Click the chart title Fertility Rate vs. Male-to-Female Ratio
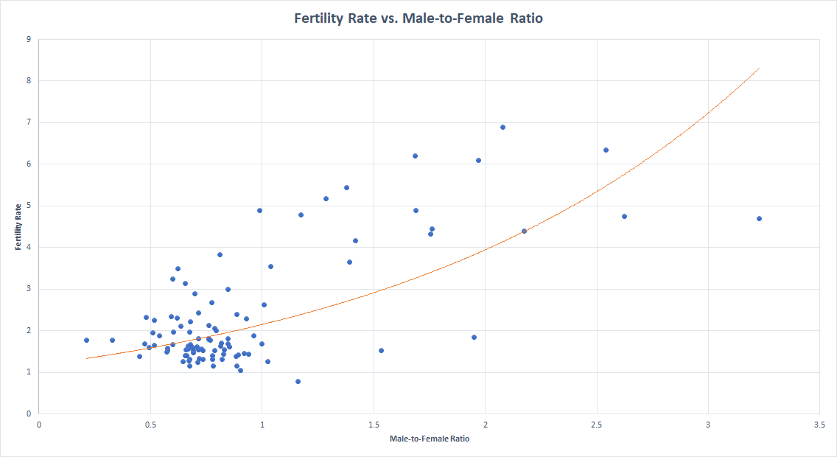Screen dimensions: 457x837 pyautogui.click(x=418, y=18)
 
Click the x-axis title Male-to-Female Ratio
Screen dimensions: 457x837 pyautogui.click(x=429, y=439)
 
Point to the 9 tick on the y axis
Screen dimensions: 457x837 pyautogui.click(x=27, y=39)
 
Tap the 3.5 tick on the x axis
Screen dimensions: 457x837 pyautogui.click(x=819, y=424)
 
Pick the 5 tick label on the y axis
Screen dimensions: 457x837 pyautogui.click(x=27, y=206)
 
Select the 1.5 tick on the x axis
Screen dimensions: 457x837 pyautogui.click(x=373, y=424)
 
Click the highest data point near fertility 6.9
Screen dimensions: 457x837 pyautogui.click(x=502, y=127)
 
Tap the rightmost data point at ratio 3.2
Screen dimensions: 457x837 pyautogui.click(x=759, y=218)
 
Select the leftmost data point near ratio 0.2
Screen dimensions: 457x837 pyautogui.click(x=86, y=340)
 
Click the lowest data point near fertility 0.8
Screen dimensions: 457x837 pyautogui.click(x=298, y=381)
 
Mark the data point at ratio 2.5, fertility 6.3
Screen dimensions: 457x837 pyautogui.click(x=606, y=150)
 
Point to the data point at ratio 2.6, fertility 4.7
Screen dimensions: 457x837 pyautogui.click(x=624, y=216)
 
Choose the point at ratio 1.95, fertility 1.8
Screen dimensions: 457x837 pyautogui.click(x=474, y=337)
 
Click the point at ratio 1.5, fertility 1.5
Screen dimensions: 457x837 pyautogui.click(x=381, y=350)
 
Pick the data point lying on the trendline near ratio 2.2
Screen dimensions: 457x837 pyautogui.click(x=524, y=231)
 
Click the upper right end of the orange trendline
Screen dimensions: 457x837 pyautogui.click(x=759, y=68)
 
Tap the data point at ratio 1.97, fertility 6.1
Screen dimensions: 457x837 pyautogui.click(x=478, y=160)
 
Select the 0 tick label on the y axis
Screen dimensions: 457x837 pyautogui.click(x=27, y=414)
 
